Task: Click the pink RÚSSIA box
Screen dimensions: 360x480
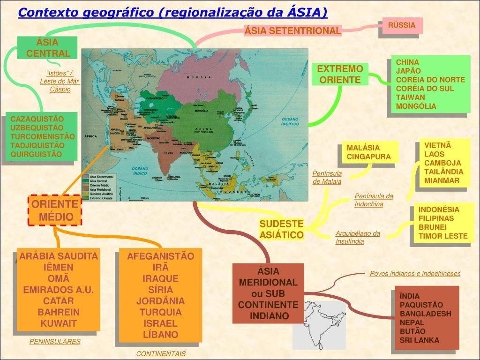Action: [402, 25]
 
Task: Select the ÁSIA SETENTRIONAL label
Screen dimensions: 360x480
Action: [292, 31]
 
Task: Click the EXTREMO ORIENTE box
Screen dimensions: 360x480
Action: [340, 74]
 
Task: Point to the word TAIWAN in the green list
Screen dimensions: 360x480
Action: [410, 97]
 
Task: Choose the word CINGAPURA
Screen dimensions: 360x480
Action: [368, 157]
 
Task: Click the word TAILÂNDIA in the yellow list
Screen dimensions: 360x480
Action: [443, 172]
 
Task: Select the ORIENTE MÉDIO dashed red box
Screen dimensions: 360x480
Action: [55, 210]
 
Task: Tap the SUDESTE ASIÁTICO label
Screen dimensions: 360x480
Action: [281, 229]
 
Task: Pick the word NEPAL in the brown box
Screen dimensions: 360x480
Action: [412, 322]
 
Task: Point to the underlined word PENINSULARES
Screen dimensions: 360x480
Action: [55, 342]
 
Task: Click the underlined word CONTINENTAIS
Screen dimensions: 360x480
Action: [161, 354]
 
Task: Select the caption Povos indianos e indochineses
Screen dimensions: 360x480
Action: [415, 274]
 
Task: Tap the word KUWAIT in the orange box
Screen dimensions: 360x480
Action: [58, 323]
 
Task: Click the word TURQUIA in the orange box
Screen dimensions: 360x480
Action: [160, 312]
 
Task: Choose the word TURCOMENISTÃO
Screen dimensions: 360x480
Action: [42, 136]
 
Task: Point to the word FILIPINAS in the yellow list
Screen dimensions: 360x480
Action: [436, 218]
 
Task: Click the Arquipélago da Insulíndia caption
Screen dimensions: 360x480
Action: [357, 237]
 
